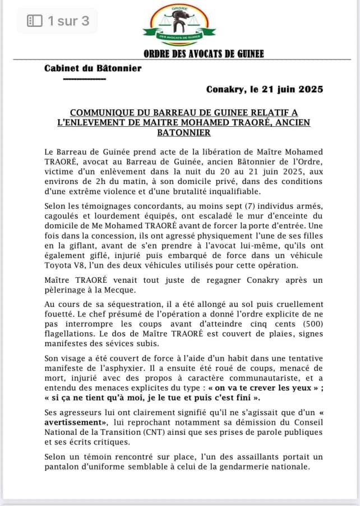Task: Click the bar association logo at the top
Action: [179, 25]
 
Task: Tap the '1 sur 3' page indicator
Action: [58, 21]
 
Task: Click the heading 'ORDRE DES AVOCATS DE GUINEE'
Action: [204, 54]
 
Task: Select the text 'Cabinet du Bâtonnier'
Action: [93, 68]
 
